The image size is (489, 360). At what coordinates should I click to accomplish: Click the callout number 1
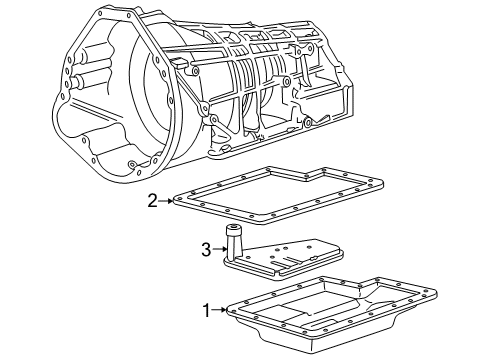(x=207, y=310)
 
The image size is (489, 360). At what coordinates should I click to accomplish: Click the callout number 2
(x=152, y=201)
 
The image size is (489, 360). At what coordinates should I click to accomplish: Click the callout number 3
(x=206, y=249)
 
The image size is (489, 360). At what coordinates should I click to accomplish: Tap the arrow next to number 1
(x=220, y=310)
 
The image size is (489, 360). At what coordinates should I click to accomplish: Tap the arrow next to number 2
(x=166, y=201)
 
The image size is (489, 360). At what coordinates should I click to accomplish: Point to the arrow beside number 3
(x=220, y=249)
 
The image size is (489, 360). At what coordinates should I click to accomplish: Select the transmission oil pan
(x=332, y=313)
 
